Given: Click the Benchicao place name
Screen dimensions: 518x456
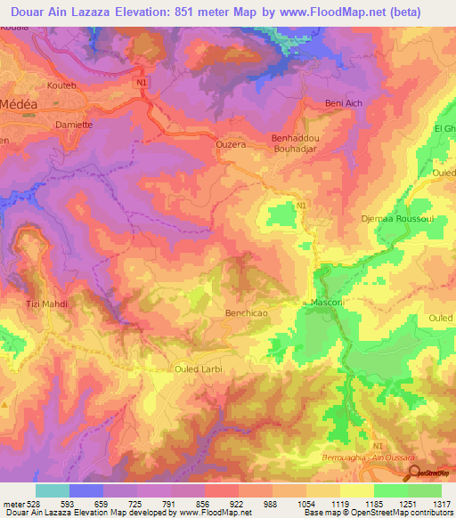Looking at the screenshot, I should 247,313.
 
